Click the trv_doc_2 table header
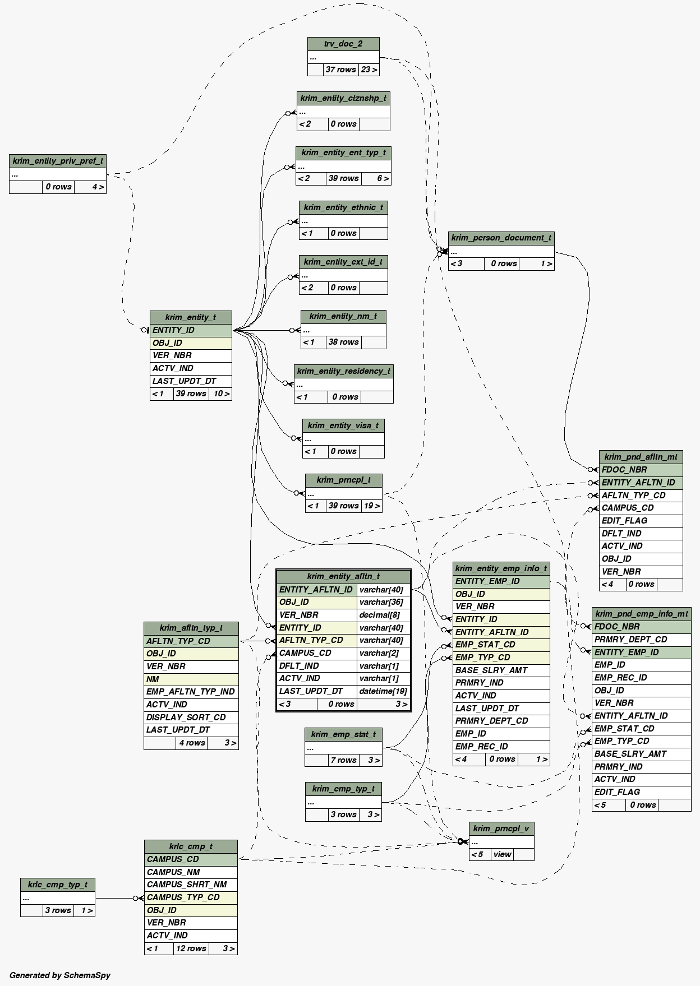[343, 44]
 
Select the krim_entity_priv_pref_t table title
[58, 161]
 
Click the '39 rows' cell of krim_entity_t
[191, 394]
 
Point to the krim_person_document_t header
[501, 238]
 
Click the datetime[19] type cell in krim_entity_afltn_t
[383, 691]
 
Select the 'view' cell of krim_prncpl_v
[502, 854]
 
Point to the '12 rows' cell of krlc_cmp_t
[191, 948]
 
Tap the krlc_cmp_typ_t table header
[58, 885]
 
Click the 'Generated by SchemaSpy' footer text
[60, 975]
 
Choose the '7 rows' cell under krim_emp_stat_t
[343, 760]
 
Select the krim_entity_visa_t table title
[343, 425]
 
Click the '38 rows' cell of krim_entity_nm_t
[343, 342]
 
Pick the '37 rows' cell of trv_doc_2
[340, 70]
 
